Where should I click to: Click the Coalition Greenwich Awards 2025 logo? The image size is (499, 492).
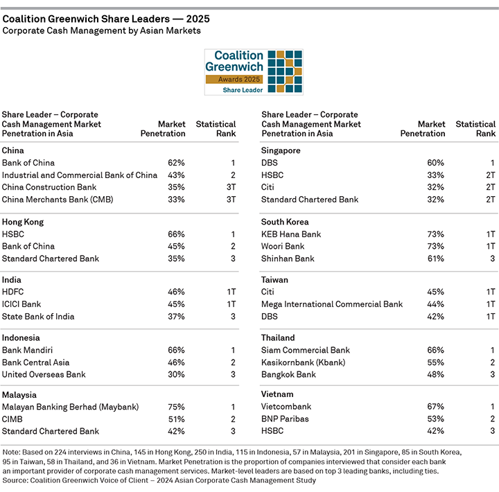click(x=253, y=72)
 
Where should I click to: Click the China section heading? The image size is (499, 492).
click(x=13, y=150)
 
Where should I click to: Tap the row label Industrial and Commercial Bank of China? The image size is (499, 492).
click(x=80, y=175)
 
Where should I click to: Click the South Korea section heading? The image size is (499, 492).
click(x=286, y=222)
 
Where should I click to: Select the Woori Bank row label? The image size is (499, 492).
click(x=283, y=247)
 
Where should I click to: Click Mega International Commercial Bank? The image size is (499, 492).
click(x=331, y=304)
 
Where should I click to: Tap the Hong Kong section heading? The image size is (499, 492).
click(x=23, y=222)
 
